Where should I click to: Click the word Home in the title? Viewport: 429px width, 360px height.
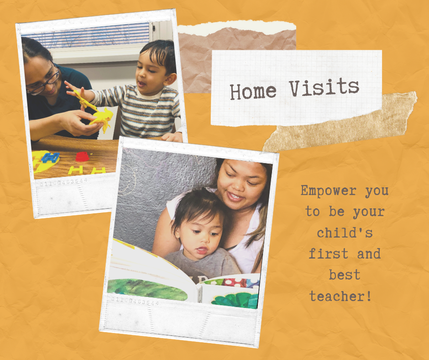[x=253, y=91]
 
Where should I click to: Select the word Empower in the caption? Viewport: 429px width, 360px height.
[x=329, y=191]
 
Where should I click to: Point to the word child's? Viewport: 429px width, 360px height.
[x=345, y=233]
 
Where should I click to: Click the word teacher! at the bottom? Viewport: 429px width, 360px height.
[x=340, y=296]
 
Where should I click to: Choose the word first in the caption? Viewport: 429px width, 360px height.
[x=328, y=254]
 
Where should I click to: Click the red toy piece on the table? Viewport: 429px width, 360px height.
[x=82, y=156]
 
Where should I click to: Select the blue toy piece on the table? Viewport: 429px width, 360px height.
[x=50, y=158]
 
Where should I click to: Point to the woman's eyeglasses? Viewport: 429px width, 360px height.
[x=44, y=82]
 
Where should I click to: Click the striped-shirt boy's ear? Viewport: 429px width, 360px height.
[x=170, y=79]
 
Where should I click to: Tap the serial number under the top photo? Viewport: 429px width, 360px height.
[x=64, y=182]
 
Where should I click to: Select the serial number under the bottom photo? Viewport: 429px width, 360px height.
[x=135, y=301]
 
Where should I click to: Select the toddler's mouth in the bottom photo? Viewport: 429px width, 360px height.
[x=202, y=250]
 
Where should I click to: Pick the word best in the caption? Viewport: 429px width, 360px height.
[x=345, y=275]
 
